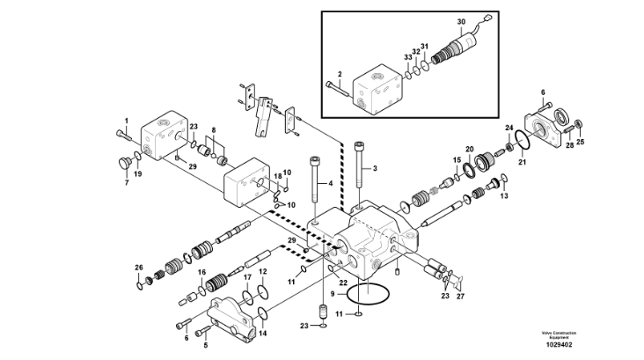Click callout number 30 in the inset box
[x=460, y=21]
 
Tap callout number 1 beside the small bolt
[x=126, y=121]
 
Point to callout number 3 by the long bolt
[x=331, y=184]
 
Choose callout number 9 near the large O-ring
[x=331, y=293]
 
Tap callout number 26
[x=138, y=268]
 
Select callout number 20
[x=469, y=149]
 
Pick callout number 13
[x=504, y=195]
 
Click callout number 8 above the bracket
[x=211, y=130]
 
